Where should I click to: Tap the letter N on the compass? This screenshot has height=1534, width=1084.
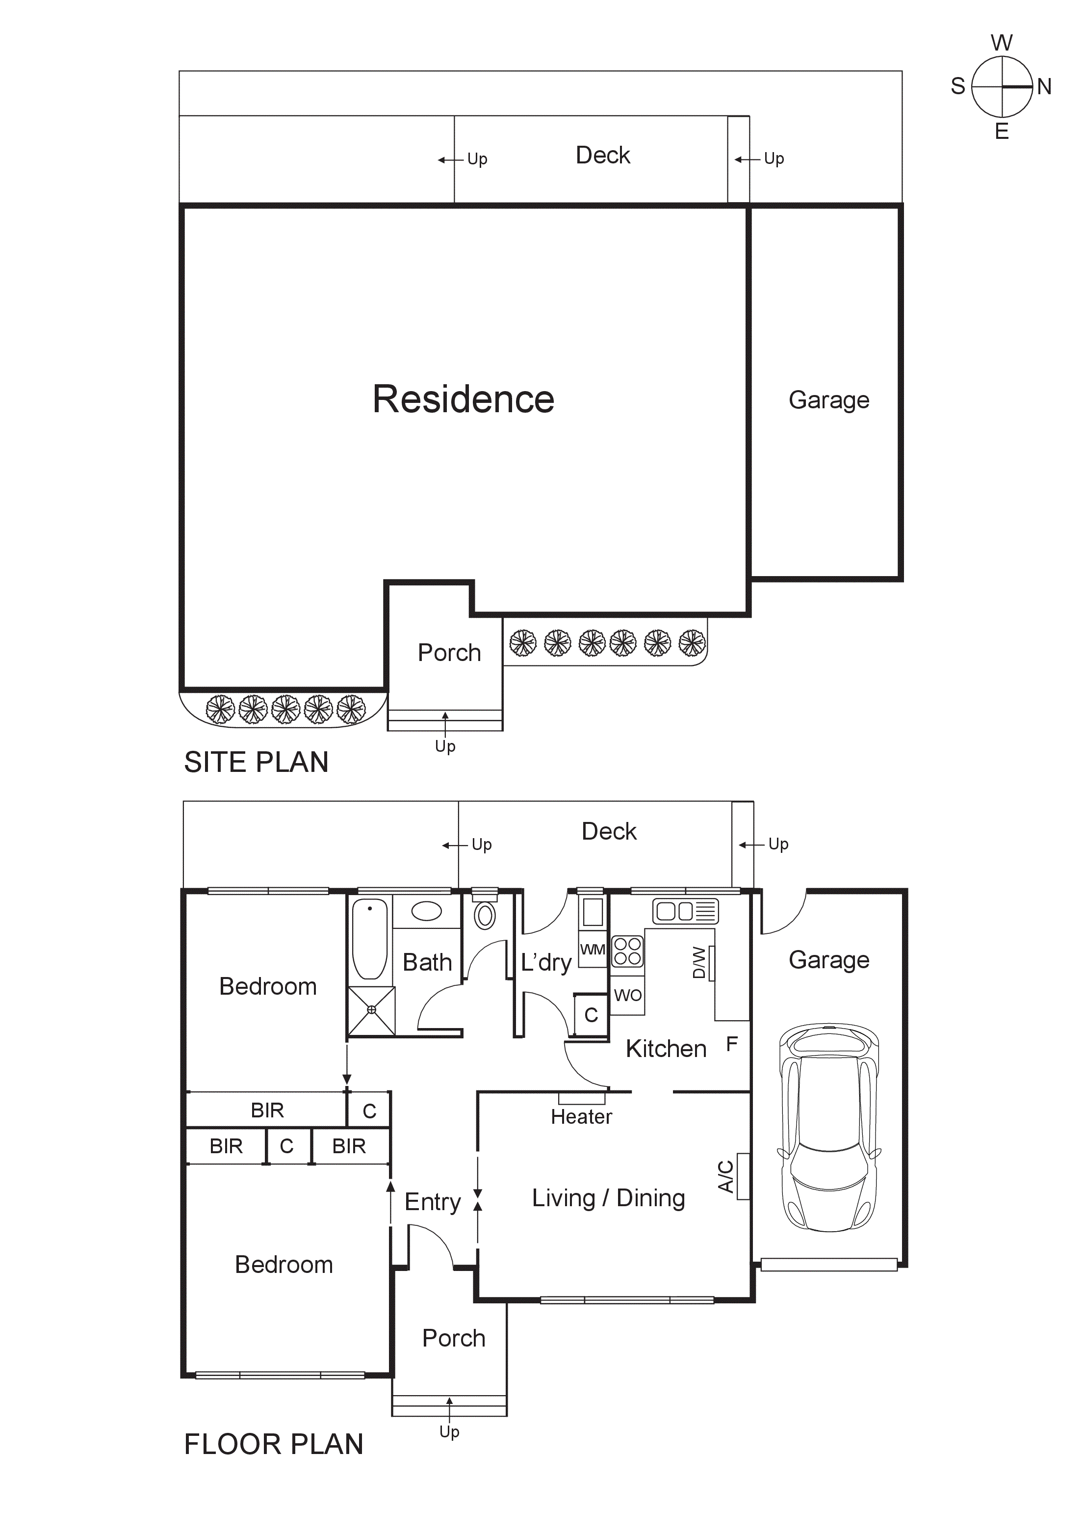[1044, 87]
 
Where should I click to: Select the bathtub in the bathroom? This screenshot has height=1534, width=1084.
[369, 938]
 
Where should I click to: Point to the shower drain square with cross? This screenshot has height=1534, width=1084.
[371, 1010]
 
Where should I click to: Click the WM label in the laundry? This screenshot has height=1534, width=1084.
[593, 950]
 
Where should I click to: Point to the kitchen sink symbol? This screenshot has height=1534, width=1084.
[685, 911]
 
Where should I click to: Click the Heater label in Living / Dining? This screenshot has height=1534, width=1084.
[581, 1116]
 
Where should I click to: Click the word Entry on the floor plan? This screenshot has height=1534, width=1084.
[432, 1202]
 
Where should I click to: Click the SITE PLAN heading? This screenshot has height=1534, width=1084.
[256, 762]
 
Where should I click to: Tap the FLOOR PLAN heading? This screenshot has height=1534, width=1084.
[273, 1444]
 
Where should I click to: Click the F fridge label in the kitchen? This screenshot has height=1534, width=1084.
[731, 1044]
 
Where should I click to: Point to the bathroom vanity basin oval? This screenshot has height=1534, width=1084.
[426, 911]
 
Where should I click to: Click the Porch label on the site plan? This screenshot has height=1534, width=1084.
[449, 653]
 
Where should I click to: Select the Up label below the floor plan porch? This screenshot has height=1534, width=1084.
[449, 1431]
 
